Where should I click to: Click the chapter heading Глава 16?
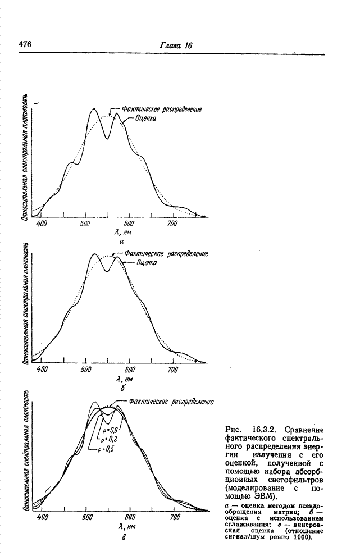click(175, 45)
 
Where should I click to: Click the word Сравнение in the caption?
click(304, 431)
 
